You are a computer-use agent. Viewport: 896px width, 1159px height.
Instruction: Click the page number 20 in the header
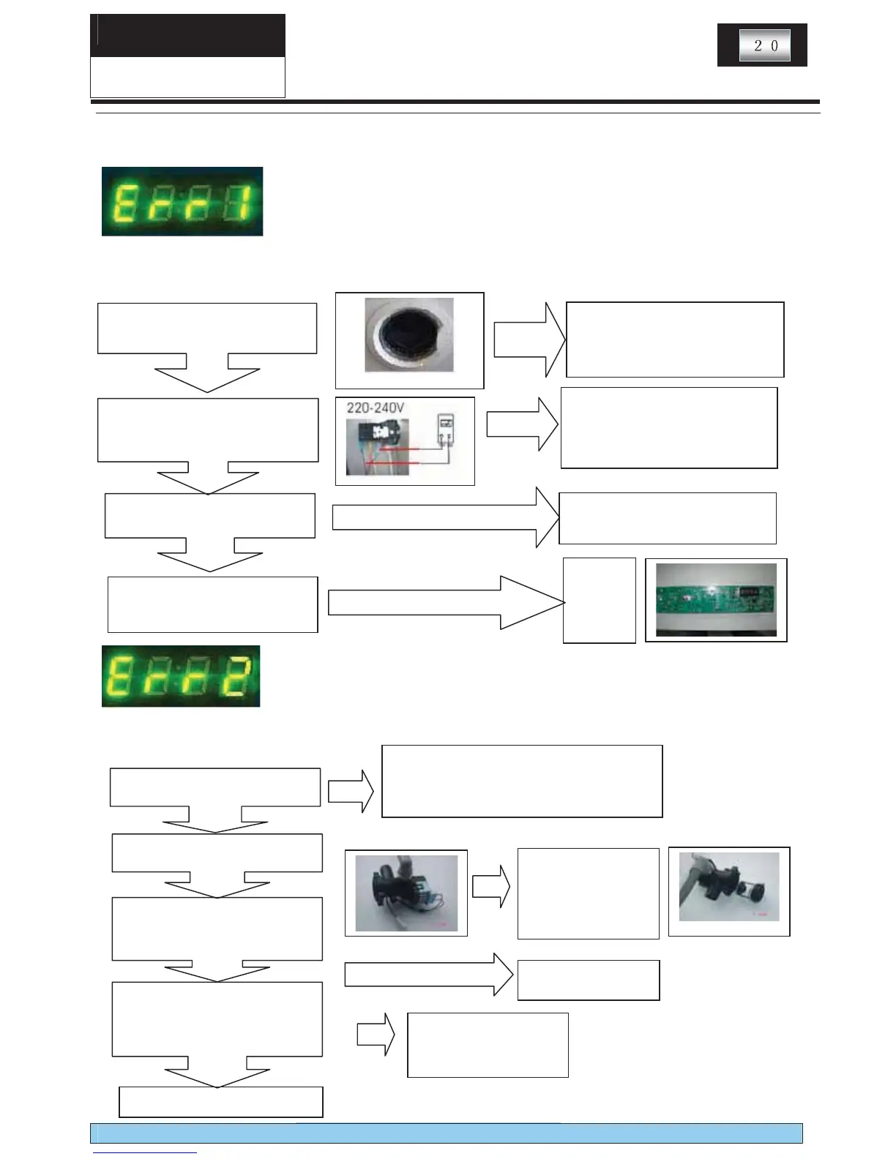pyautogui.click(x=764, y=45)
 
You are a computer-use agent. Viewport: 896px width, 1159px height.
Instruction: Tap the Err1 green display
pyautogui.click(x=182, y=201)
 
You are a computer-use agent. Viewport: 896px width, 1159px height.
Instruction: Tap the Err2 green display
pyautogui.click(x=181, y=676)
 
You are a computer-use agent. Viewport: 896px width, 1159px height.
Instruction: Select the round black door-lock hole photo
pyautogui.click(x=409, y=335)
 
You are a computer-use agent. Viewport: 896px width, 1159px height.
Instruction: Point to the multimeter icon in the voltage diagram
pyautogui.click(x=444, y=429)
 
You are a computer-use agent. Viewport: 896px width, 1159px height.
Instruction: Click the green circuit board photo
pyautogui.click(x=716, y=600)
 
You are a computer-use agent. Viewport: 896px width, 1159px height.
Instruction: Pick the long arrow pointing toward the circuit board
pyautogui.click(x=447, y=602)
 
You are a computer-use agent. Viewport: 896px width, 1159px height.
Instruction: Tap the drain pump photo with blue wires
pyautogui.click(x=406, y=893)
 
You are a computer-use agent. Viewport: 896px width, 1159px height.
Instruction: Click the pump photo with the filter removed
pyautogui.click(x=729, y=887)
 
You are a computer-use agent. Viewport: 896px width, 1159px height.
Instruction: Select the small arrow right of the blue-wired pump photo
pyautogui.click(x=490, y=886)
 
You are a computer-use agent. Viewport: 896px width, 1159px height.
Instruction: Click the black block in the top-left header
pyautogui.click(x=187, y=35)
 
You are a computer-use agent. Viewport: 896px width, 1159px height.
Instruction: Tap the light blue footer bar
pyautogui.click(x=447, y=1133)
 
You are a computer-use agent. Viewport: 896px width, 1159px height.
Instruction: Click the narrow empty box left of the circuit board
pyautogui.click(x=599, y=600)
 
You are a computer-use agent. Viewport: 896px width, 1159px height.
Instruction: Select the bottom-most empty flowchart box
pyautogui.click(x=220, y=1102)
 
